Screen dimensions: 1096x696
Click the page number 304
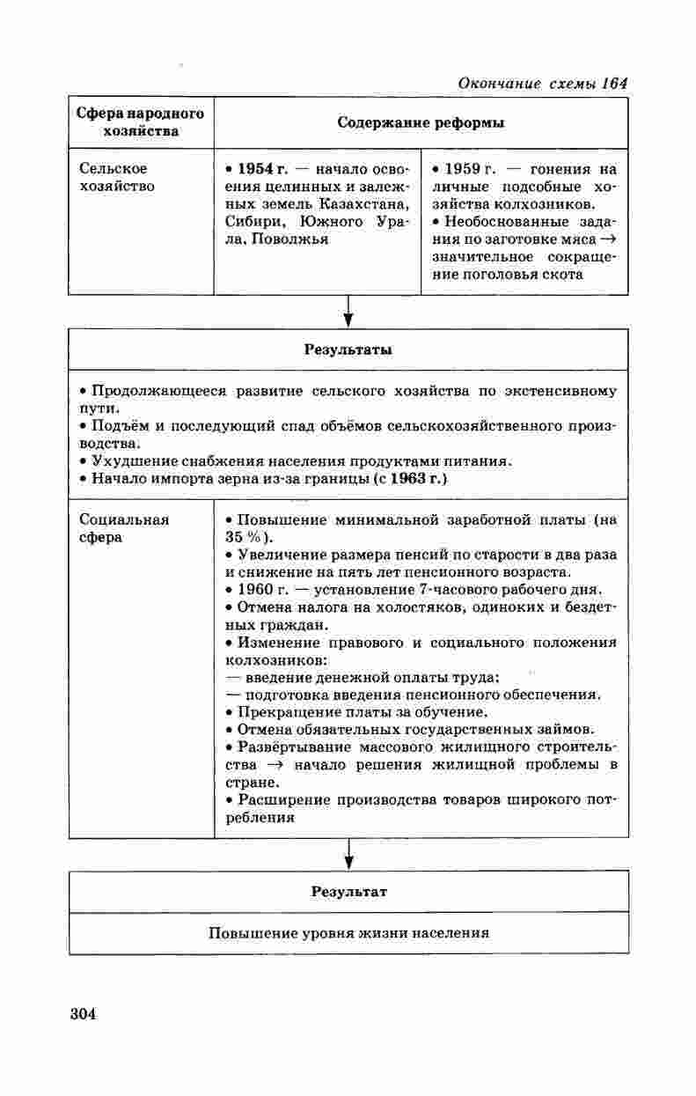point(82,1013)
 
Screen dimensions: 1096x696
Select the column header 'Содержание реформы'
point(421,123)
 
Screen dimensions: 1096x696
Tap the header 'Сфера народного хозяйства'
point(141,122)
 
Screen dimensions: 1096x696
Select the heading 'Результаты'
point(348,349)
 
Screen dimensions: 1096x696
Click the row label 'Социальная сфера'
point(123,528)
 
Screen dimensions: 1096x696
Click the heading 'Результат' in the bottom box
point(348,891)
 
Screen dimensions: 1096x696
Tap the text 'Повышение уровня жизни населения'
point(348,933)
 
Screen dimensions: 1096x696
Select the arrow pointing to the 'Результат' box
point(348,854)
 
